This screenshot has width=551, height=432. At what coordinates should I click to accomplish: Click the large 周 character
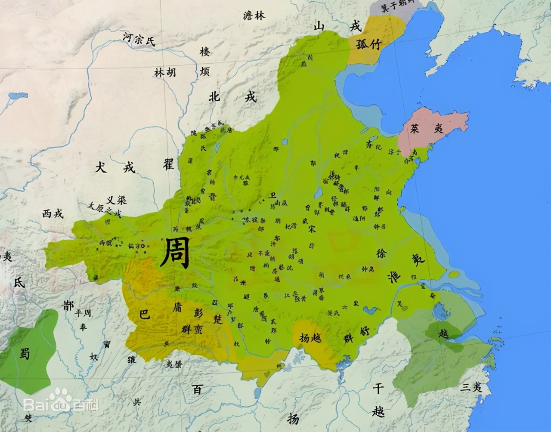click(175, 253)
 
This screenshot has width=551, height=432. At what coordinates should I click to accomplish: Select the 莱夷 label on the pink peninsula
click(426, 128)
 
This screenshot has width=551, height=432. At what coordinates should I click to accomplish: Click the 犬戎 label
click(115, 167)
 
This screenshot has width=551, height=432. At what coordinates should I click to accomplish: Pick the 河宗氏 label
click(138, 40)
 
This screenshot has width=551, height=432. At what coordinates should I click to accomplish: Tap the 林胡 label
click(165, 72)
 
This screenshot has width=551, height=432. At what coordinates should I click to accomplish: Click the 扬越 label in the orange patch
click(310, 338)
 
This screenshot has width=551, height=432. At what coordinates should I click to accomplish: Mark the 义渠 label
click(116, 200)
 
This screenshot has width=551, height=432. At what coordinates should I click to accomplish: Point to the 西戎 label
click(53, 213)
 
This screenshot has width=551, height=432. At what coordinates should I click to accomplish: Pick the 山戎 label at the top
click(337, 27)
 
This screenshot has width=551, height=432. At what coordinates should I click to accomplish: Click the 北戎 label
click(232, 96)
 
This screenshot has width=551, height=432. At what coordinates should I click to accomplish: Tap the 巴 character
click(145, 314)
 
